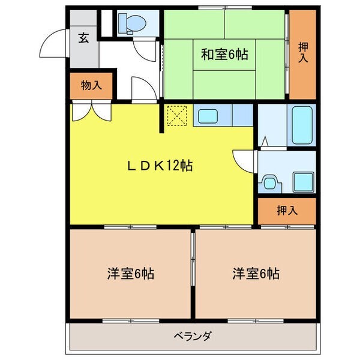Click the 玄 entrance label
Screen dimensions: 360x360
(83, 39)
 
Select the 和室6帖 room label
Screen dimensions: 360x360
(224, 55)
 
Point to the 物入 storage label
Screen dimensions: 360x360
(91, 85)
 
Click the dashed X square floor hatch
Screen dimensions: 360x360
(177, 115)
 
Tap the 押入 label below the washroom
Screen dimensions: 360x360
(287, 210)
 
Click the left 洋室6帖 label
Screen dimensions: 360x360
(131, 274)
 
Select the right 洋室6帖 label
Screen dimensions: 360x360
(256, 274)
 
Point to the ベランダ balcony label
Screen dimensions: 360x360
(193, 335)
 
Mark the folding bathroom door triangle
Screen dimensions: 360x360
(265, 142)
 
